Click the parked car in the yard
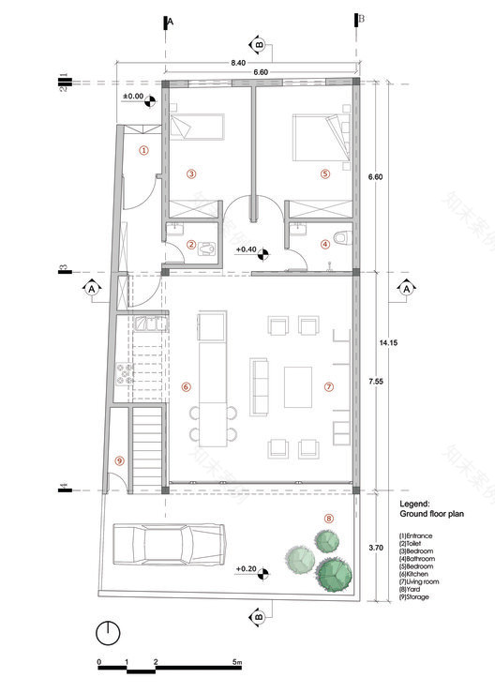169,544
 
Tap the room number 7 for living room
329,386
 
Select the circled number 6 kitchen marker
186,386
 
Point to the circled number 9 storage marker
119,460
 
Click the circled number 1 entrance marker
143,150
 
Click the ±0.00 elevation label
133,97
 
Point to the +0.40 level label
246,249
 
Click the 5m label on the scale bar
238,662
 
